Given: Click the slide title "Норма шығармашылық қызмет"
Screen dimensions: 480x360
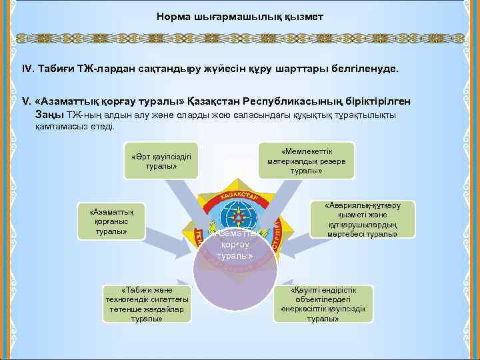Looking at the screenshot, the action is click(239, 15).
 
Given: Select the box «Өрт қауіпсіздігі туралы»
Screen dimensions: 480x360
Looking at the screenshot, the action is click(161, 161).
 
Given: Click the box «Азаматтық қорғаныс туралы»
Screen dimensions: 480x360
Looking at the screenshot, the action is click(111, 221).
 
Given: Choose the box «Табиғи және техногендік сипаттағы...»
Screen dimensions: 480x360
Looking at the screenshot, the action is click(147, 305).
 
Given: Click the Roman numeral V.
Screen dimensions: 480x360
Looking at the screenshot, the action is click(26, 102).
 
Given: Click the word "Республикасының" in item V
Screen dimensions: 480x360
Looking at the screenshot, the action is click(284, 102).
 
